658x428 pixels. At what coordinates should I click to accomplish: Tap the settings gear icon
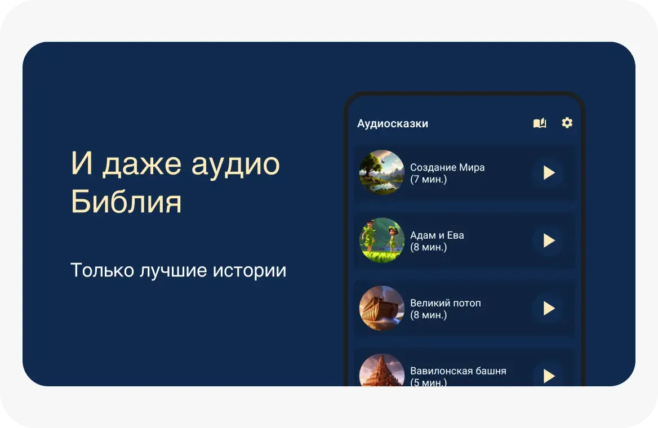567,123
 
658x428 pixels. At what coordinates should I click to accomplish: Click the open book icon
540,123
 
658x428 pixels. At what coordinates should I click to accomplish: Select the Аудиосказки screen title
393,123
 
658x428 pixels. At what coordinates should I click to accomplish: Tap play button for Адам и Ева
549,241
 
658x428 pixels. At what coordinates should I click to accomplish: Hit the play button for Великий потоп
549,309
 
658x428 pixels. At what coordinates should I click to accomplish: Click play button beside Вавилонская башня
549,376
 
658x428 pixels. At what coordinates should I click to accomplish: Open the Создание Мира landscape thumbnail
382,172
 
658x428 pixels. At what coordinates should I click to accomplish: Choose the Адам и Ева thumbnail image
382,240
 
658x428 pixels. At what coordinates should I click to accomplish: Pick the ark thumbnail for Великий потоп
382,308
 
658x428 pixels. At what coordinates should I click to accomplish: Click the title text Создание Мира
447,167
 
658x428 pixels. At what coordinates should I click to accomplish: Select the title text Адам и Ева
437,235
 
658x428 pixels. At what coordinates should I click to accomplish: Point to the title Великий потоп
446,303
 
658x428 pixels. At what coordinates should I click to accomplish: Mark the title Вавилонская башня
458,371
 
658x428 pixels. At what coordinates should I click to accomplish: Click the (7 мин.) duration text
429,180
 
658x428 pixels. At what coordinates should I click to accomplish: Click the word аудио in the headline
235,164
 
